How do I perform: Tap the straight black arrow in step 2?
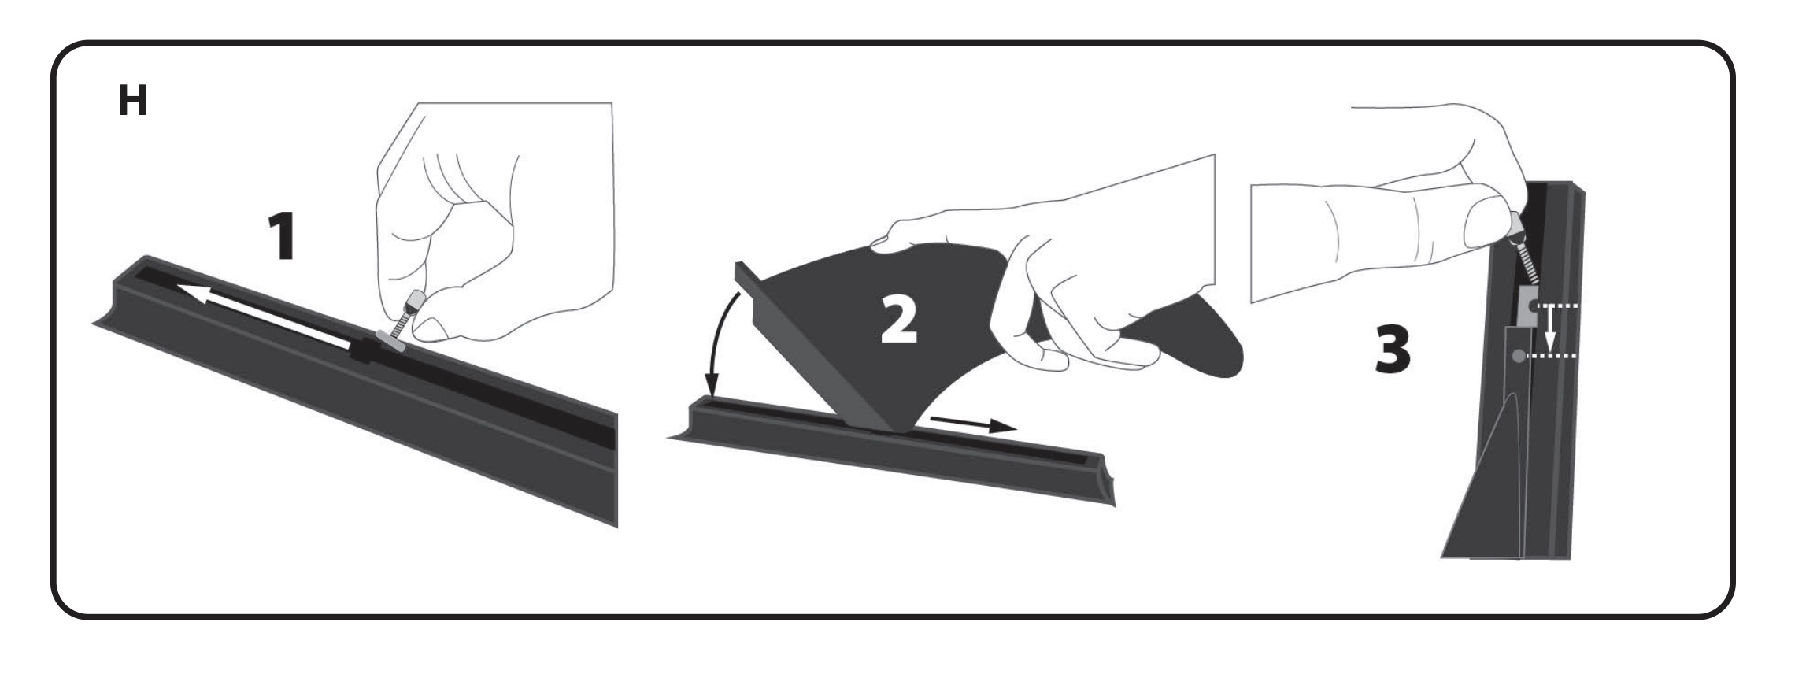pyautogui.click(x=971, y=424)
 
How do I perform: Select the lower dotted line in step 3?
pyautogui.click(x=1552, y=357)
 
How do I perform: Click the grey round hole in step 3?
pyautogui.click(x=1517, y=357)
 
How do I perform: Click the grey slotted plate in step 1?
pyautogui.click(x=390, y=341)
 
